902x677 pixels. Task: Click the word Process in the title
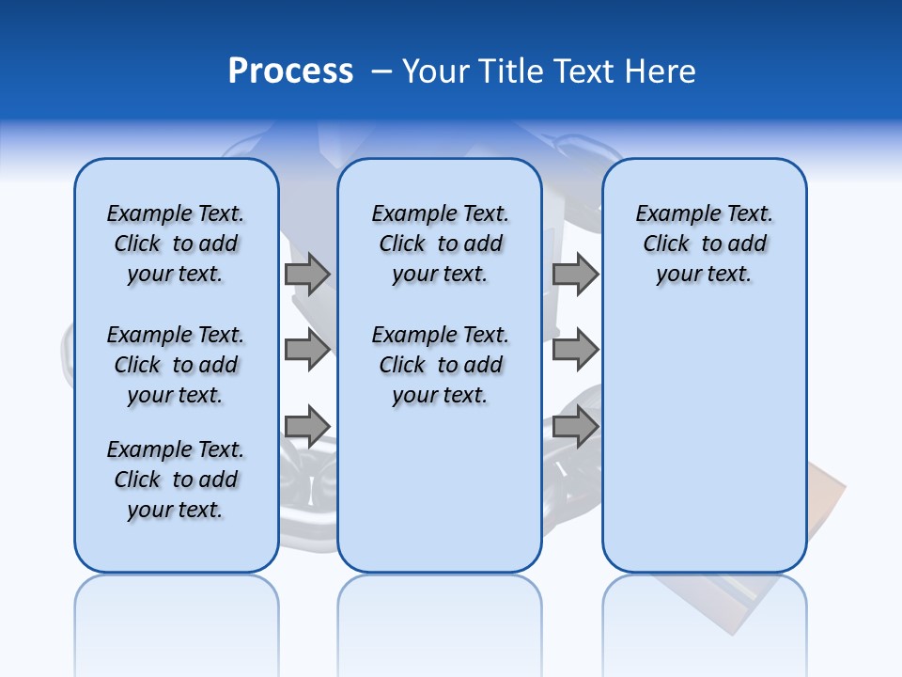tap(290, 71)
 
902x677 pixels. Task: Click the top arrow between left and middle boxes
tap(307, 274)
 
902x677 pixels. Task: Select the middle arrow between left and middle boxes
tap(307, 350)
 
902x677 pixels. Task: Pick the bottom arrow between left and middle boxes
tap(307, 427)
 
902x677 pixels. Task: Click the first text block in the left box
tap(176, 244)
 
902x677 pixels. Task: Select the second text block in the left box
tap(176, 365)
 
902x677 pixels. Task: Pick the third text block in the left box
tap(176, 480)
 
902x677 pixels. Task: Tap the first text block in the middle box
tap(440, 244)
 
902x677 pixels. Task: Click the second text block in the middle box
tap(440, 365)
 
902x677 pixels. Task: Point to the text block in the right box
tap(704, 244)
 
